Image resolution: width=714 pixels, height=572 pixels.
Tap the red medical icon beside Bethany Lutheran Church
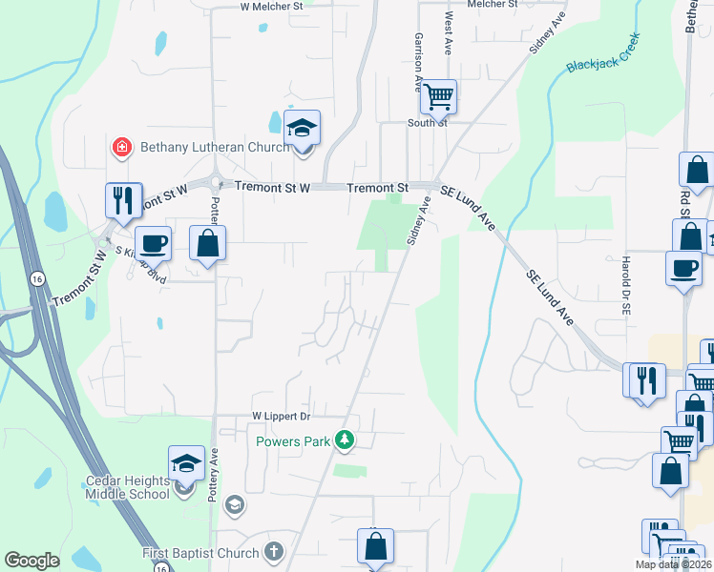point(122,147)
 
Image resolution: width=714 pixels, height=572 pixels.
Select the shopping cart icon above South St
point(438,95)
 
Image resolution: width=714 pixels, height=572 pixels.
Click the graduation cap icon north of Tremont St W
point(303,128)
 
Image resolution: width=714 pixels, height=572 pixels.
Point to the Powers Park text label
point(292,440)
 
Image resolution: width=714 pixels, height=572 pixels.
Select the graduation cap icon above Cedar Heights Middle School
point(187,463)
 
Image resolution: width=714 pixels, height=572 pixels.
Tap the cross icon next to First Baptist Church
point(274,552)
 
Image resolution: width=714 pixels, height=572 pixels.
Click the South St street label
point(428,123)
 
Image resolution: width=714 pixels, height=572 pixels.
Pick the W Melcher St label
point(271,6)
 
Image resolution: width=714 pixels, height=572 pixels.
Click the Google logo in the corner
point(31,561)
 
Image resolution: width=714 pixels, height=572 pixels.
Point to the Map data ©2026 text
point(673,564)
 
